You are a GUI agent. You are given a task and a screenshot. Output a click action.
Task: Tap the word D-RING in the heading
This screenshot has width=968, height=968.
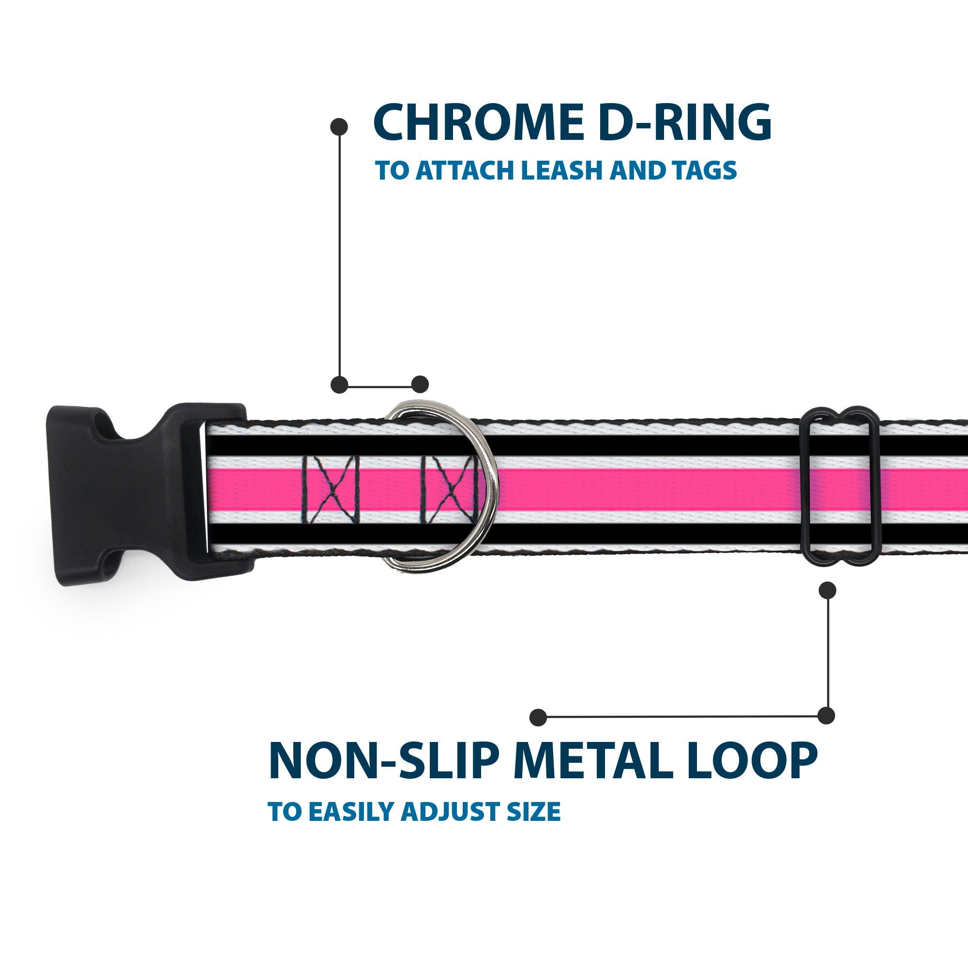pyautogui.click(x=684, y=123)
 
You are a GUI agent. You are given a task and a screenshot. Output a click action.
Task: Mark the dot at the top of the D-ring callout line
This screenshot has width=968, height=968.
pyautogui.click(x=339, y=127)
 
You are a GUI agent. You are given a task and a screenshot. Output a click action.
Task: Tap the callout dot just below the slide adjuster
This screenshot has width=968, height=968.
pyautogui.click(x=827, y=590)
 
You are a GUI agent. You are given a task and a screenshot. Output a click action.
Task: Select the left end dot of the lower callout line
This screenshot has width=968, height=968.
pyautogui.click(x=538, y=717)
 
